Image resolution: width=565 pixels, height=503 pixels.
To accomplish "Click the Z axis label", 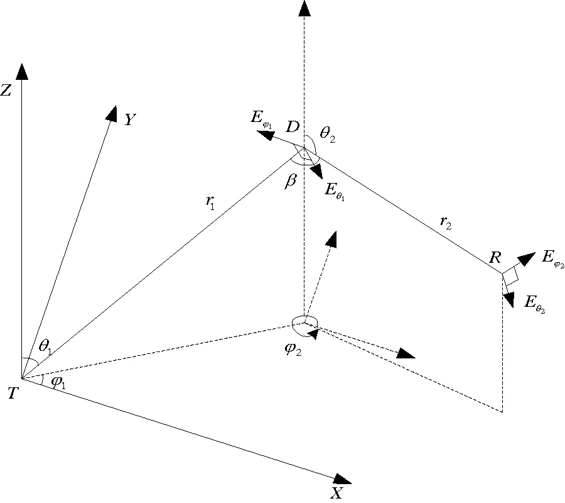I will point(6,91).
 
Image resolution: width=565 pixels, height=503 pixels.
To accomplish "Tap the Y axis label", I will point(131,119).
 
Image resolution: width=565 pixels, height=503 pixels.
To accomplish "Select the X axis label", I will point(337,493).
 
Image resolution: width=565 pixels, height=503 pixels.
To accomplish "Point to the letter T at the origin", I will point(12,394).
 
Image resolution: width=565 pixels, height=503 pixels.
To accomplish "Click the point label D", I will point(293,127).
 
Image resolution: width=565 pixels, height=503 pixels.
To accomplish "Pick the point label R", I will point(495,258).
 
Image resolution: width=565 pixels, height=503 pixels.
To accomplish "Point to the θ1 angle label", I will point(45,345).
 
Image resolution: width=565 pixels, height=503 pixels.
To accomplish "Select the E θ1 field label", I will point(334,190).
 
